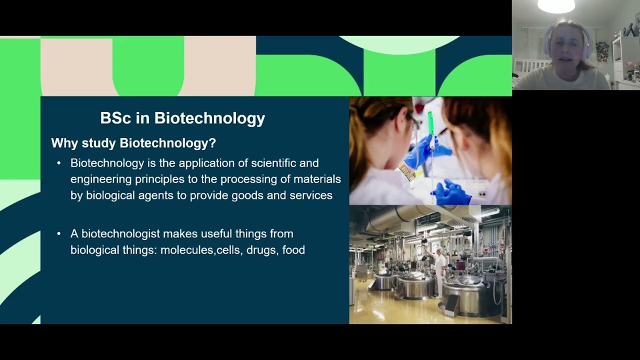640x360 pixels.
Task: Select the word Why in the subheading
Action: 64,143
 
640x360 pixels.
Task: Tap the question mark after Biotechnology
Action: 212,143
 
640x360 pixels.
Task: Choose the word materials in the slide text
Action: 317,179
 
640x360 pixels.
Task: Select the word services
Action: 311,195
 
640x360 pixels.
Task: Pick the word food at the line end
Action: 293,249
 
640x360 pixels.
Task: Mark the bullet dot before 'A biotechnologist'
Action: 59,233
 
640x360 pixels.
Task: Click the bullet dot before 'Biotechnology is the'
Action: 59,163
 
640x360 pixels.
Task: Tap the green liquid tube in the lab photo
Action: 430,123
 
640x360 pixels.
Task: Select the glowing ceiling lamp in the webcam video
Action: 556,5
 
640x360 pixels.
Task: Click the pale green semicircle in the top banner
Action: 399,43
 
